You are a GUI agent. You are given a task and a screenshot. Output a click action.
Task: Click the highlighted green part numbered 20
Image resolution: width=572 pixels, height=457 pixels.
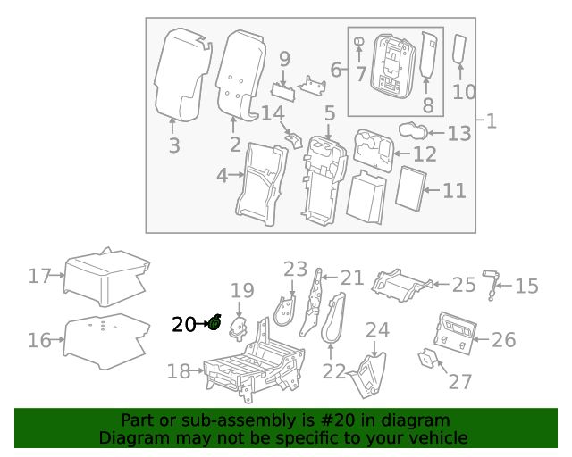click(214, 323)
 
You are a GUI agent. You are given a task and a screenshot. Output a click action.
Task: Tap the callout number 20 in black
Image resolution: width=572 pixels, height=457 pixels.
click(183, 325)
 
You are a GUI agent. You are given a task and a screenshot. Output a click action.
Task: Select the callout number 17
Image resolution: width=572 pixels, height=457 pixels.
click(40, 276)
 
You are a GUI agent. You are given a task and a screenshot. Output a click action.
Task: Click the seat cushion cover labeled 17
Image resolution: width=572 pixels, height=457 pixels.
click(105, 275)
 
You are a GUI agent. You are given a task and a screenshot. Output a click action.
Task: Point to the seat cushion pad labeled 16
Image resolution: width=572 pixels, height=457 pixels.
click(106, 339)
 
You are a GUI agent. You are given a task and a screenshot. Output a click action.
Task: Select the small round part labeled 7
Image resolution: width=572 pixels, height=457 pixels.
click(359, 43)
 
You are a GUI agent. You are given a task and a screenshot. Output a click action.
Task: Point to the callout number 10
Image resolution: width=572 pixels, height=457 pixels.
click(464, 91)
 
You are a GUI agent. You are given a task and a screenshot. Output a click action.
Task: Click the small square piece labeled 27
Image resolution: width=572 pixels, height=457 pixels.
click(430, 360)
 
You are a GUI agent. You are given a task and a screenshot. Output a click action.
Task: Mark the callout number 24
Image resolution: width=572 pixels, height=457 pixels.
click(378, 329)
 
